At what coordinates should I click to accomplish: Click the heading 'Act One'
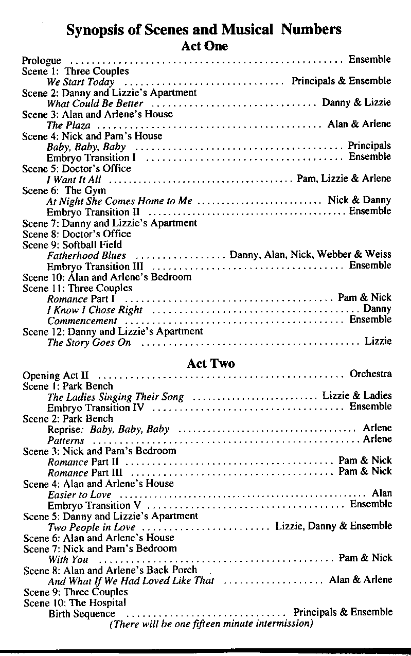click(x=204, y=46)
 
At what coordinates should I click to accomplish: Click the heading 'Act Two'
click(x=211, y=363)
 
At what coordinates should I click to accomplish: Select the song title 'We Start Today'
click(x=81, y=82)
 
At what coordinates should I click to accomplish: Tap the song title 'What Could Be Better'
click(x=95, y=103)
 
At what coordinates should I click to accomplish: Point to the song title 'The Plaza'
click(x=68, y=126)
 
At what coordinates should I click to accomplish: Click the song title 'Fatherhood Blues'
click(x=86, y=256)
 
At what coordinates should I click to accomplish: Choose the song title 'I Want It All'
click(x=74, y=180)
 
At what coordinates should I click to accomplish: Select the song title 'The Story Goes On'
click(x=89, y=343)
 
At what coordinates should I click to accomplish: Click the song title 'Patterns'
click(x=65, y=441)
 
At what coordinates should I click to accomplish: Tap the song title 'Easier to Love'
click(x=79, y=494)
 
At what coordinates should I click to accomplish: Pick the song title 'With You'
click(x=68, y=559)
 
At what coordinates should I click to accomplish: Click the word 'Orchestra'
click(x=370, y=374)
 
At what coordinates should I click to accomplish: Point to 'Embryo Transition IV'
click(x=96, y=408)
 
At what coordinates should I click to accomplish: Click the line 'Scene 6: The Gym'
click(x=64, y=190)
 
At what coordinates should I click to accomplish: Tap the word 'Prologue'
click(x=42, y=61)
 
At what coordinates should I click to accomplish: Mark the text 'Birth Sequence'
click(x=82, y=614)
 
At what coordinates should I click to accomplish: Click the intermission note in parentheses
click(x=211, y=625)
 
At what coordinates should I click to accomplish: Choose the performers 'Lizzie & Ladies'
click(x=356, y=396)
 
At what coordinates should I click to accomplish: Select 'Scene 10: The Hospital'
click(x=75, y=602)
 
